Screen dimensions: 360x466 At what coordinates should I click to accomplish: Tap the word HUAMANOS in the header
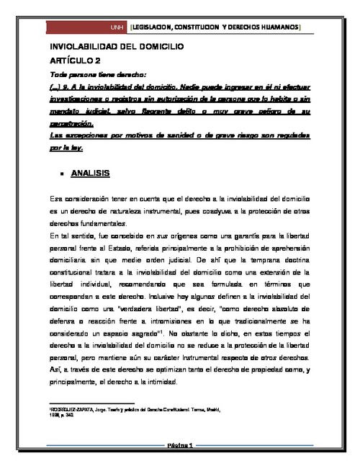(276, 27)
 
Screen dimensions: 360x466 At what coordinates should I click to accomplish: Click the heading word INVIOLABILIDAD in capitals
(86, 46)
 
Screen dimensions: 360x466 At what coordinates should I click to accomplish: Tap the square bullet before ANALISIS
(63, 174)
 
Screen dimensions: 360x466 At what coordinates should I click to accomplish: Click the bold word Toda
(60, 73)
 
